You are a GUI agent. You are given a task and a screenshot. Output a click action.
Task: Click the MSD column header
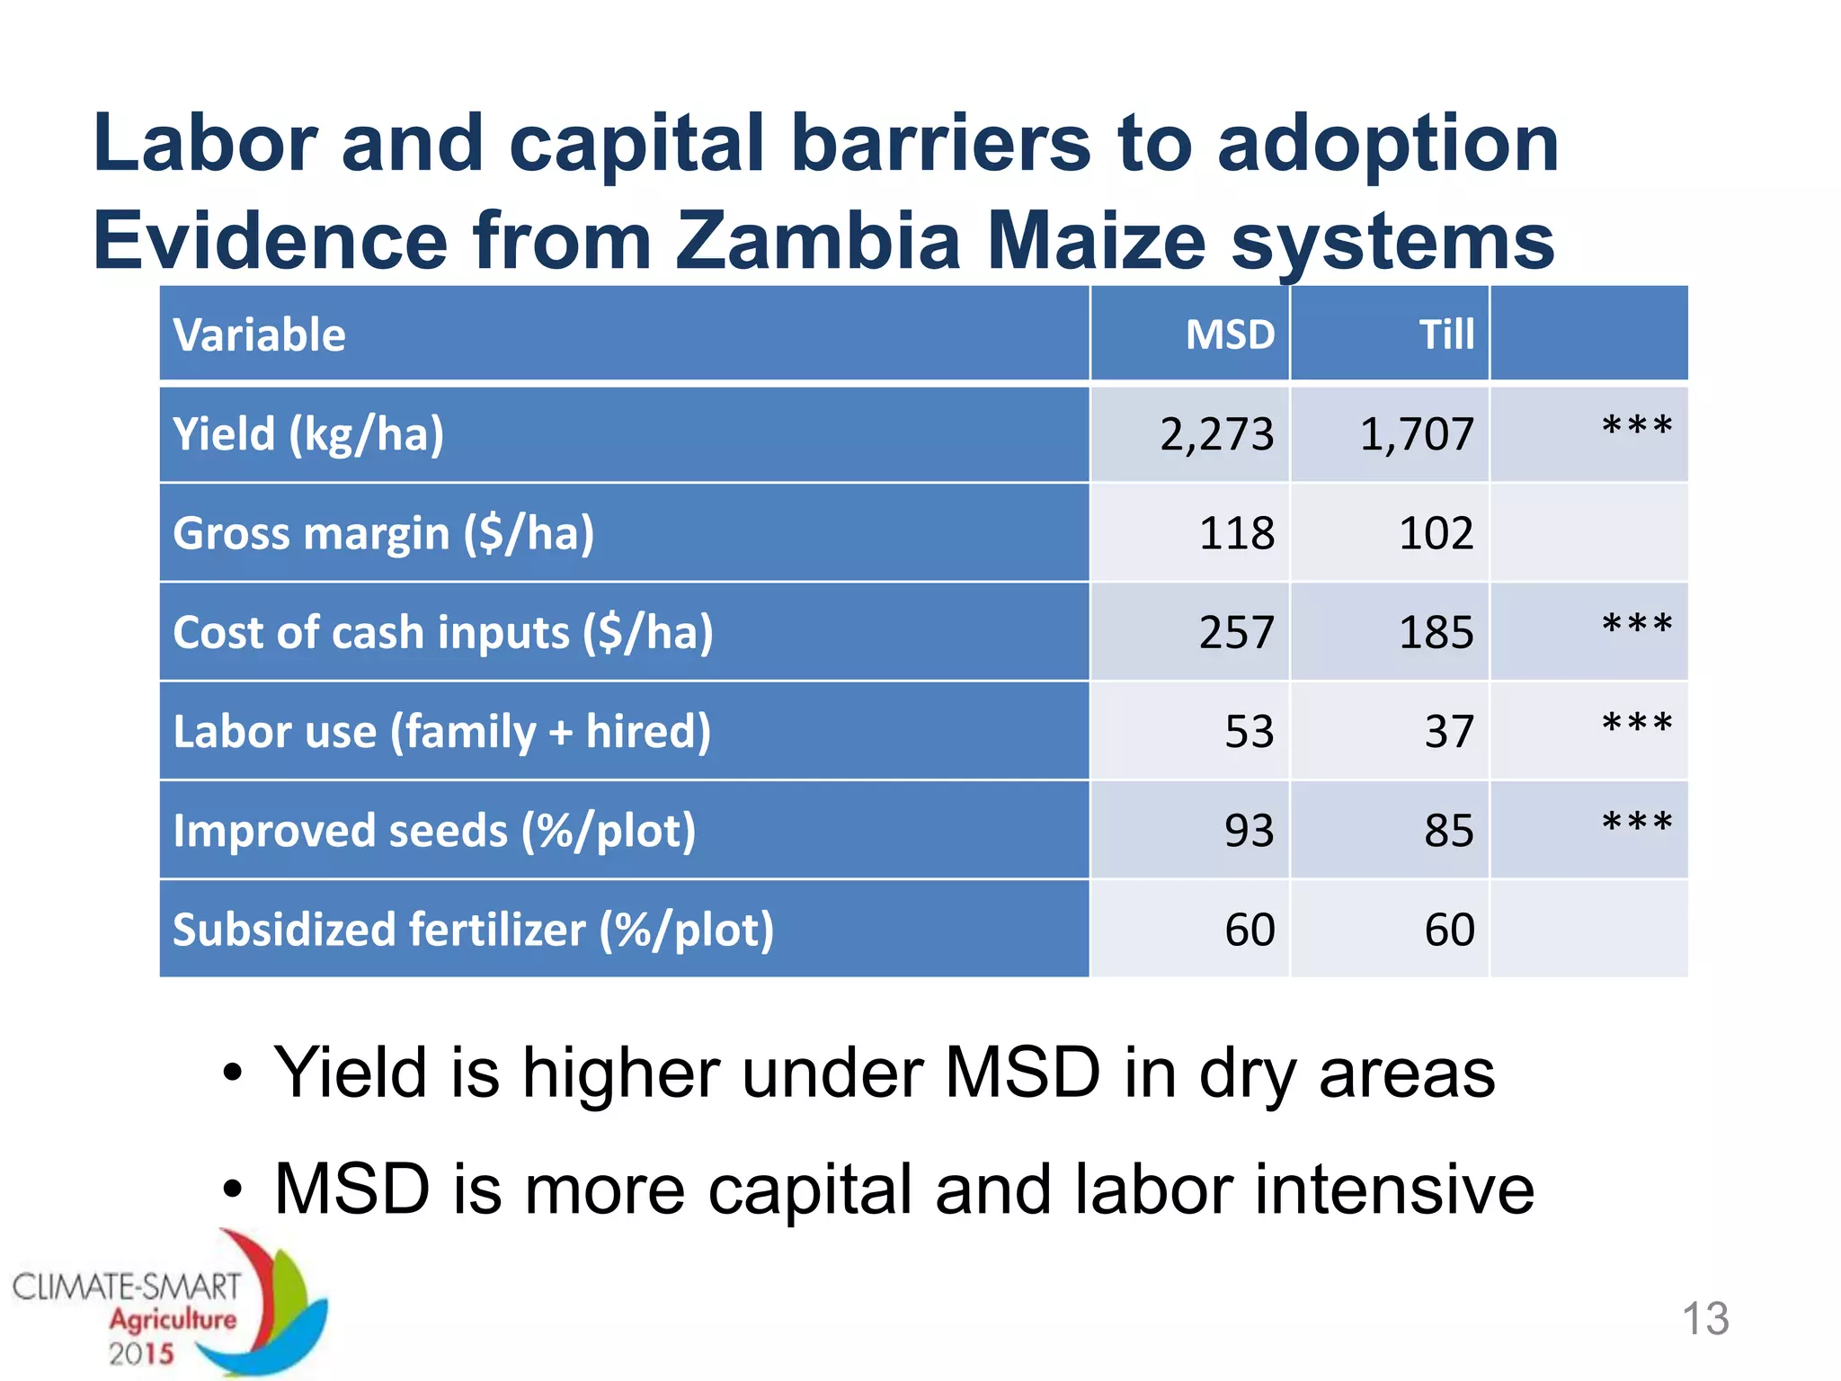(x=1229, y=335)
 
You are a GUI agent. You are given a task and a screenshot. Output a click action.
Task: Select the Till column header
(x=1445, y=335)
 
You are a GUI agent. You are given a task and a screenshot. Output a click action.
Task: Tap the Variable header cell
(x=259, y=335)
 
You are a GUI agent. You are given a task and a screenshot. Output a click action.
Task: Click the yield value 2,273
(x=1216, y=434)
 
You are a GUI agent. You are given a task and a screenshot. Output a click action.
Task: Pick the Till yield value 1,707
(x=1416, y=434)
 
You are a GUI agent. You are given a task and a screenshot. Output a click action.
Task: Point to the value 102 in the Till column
(x=1436, y=533)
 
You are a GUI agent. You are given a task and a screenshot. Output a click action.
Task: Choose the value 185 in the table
(x=1436, y=632)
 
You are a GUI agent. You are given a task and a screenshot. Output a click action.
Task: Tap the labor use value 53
(x=1249, y=732)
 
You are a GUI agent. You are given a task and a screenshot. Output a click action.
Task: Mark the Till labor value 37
(x=1448, y=732)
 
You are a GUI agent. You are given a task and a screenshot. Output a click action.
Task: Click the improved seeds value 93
(x=1249, y=831)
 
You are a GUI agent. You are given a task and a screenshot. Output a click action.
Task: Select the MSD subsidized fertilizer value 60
(x=1249, y=930)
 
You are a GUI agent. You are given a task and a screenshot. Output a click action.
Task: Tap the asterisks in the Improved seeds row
(x=1636, y=821)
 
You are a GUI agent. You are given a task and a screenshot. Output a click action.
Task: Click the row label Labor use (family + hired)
(x=441, y=732)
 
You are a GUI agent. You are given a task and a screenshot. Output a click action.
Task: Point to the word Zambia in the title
(x=818, y=241)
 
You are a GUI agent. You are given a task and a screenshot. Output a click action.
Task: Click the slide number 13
(x=1704, y=1319)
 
